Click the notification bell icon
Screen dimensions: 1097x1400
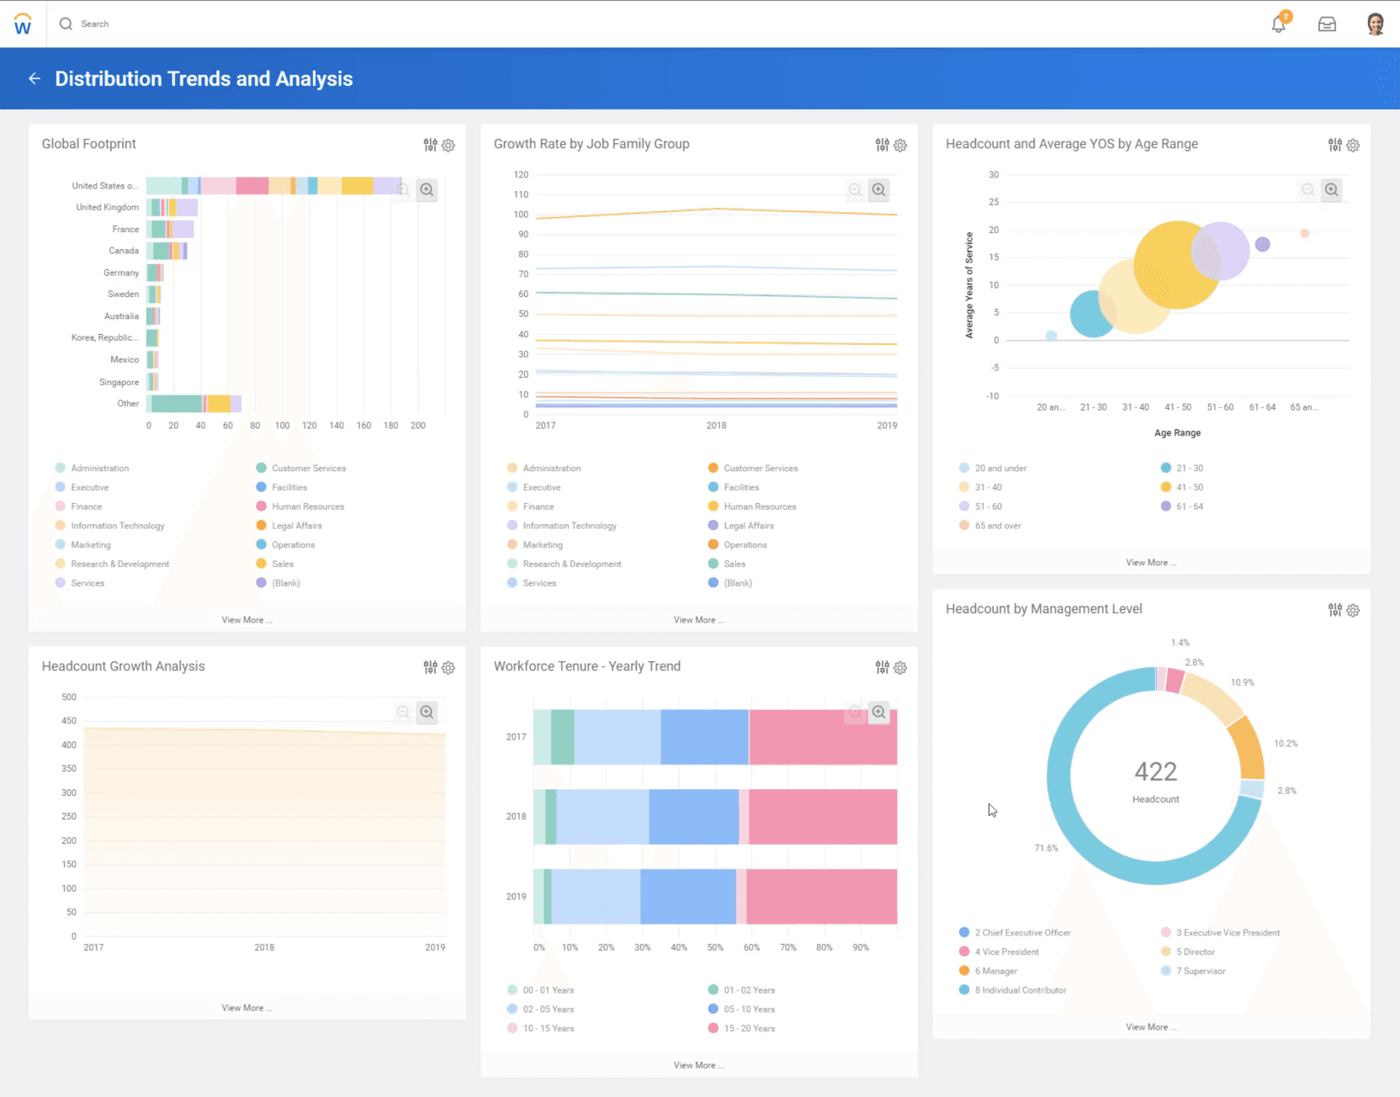(x=1278, y=24)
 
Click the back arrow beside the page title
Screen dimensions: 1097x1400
(x=34, y=78)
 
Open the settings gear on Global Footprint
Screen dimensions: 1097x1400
(x=448, y=146)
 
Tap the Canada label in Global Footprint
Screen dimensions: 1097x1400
(x=124, y=251)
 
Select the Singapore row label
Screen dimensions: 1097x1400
(x=119, y=382)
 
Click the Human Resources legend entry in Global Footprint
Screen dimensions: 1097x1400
(x=307, y=506)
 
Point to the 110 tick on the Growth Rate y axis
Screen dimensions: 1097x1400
(x=522, y=194)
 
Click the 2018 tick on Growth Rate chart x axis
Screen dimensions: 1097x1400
(x=716, y=426)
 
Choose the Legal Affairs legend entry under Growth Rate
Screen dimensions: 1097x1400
(x=748, y=526)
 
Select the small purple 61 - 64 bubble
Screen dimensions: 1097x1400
(x=1262, y=245)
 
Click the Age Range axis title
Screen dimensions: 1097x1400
(x=1177, y=433)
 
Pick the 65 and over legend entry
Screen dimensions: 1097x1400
(x=997, y=526)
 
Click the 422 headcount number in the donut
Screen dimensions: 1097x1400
(x=1155, y=771)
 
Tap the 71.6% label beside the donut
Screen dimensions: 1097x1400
(x=1046, y=848)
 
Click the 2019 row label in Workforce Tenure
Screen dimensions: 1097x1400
(x=516, y=897)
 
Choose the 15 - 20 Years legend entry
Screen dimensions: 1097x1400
(x=749, y=1028)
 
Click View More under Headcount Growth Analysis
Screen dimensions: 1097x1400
(x=247, y=1008)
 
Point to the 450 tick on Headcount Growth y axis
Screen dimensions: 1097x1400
(x=69, y=721)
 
